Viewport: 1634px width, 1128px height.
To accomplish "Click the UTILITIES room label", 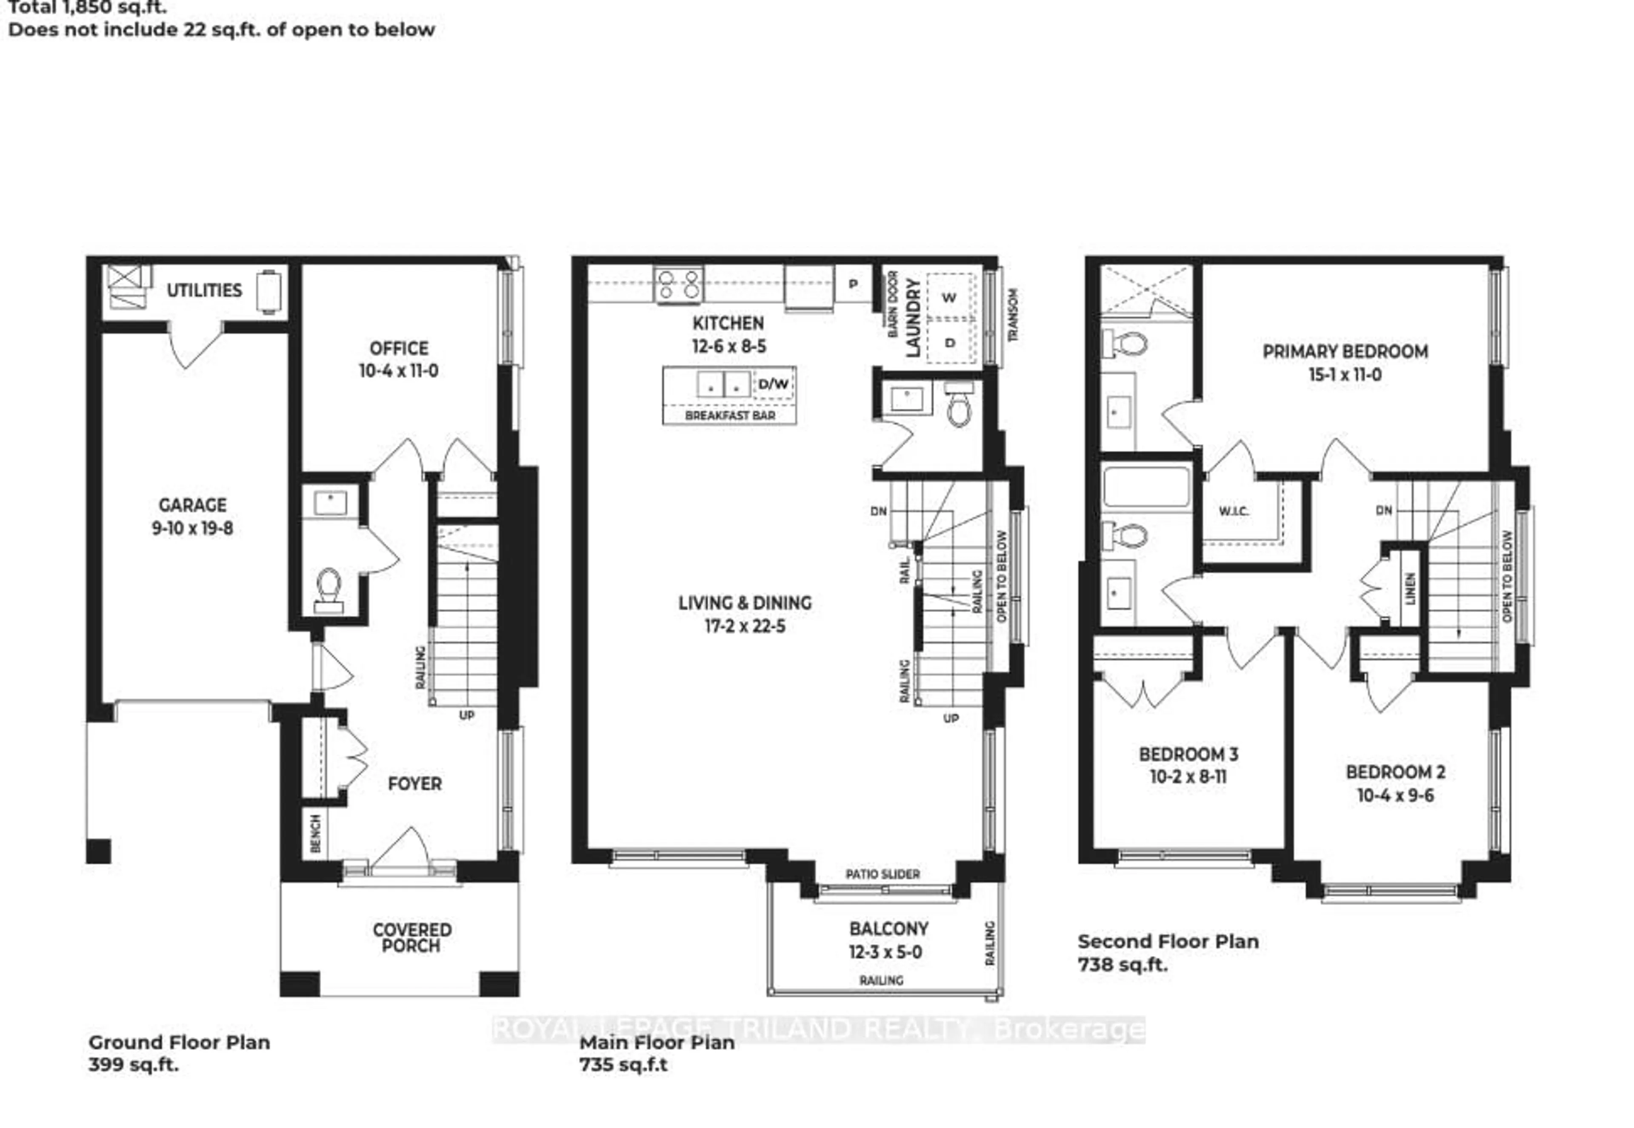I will click(204, 291).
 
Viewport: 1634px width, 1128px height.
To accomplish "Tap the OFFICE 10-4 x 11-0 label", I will click(399, 359).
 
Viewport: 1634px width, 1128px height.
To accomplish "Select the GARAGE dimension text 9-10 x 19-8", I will click(192, 528).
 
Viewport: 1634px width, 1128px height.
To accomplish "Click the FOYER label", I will click(415, 783).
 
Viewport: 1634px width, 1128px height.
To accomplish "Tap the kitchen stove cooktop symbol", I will click(678, 285).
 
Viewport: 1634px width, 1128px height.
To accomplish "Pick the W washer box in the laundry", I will click(949, 298).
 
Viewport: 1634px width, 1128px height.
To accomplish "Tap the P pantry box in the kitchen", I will click(853, 284).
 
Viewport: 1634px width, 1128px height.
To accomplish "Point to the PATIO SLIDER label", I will click(883, 874).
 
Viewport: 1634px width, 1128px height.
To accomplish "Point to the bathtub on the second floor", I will click(1146, 487).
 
